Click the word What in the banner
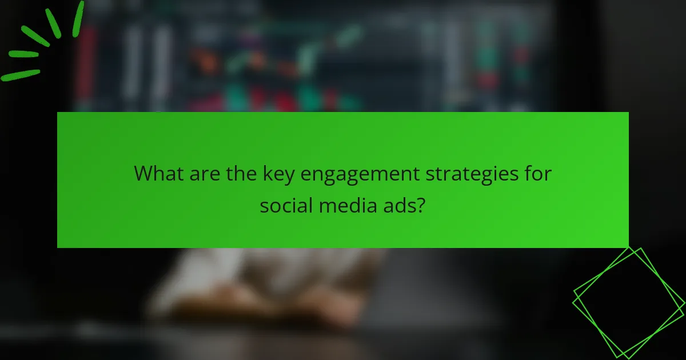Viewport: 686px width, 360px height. pyautogui.click(x=158, y=173)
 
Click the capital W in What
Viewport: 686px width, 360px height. pyautogui.click(x=143, y=173)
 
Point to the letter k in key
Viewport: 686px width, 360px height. pyautogui.click(x=268, y=173)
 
